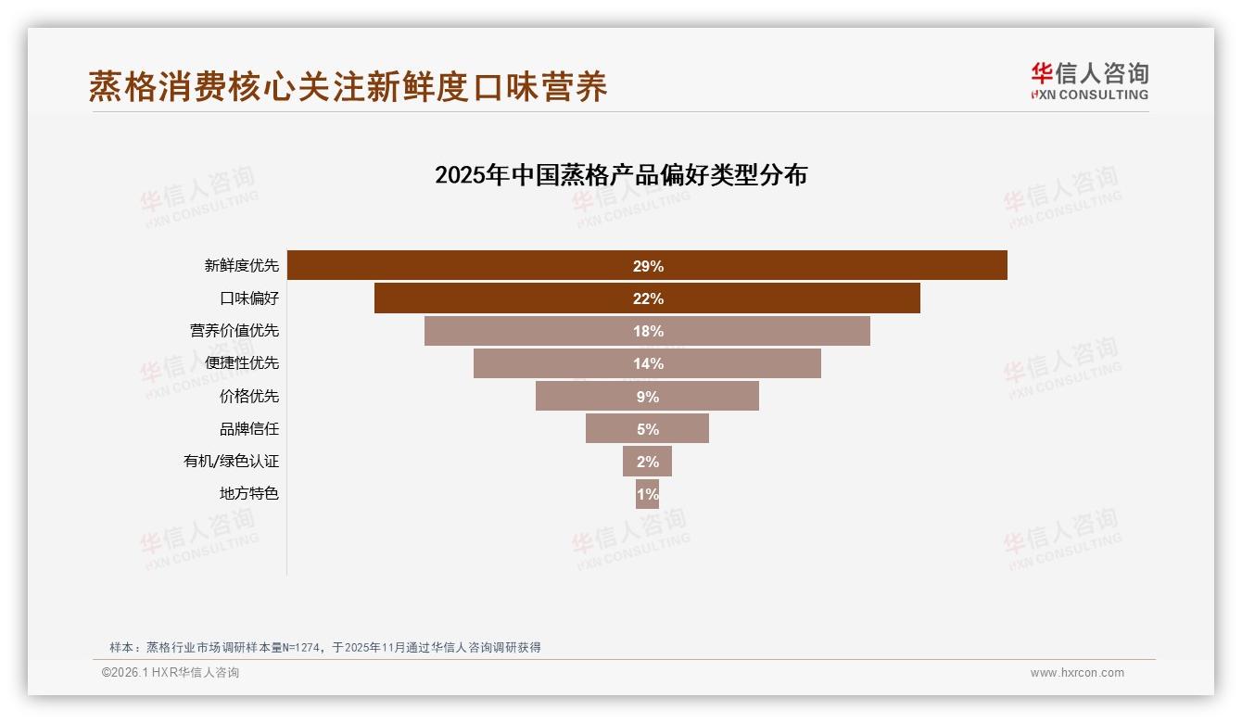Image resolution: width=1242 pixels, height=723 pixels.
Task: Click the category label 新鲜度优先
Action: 241,265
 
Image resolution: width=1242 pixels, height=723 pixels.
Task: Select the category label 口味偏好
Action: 248,298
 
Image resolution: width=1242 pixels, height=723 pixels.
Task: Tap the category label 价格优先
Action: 248,397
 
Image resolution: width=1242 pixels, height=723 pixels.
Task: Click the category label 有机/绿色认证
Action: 231,462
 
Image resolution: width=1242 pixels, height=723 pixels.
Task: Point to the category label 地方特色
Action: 248,494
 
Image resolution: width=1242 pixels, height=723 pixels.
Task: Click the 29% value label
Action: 648,266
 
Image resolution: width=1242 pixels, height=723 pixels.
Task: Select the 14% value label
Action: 648,363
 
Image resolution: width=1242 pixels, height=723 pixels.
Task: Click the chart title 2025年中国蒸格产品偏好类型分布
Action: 621,174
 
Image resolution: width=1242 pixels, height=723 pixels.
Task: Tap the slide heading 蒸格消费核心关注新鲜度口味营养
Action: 348,86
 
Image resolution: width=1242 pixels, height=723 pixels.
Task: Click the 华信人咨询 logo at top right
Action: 1089,81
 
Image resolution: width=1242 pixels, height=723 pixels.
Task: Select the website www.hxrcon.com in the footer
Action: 1077,673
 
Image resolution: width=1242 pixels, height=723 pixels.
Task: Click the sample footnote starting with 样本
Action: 324,647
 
